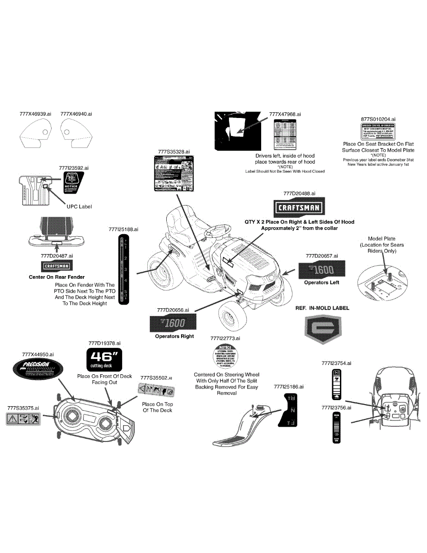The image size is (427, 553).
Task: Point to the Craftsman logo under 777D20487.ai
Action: (56, 266)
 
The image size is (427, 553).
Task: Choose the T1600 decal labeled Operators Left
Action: (322, 269)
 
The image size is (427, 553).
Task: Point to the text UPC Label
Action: (79, 206)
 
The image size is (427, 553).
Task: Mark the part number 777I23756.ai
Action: (336, 408)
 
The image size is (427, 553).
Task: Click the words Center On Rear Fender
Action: (57, 277)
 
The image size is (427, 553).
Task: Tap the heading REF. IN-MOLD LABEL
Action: (322, 308)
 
